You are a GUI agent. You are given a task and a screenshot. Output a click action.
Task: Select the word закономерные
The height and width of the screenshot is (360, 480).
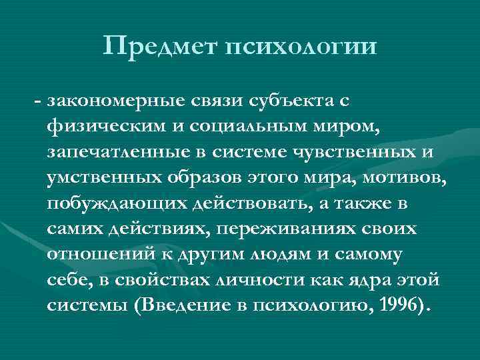coord(116,101)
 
